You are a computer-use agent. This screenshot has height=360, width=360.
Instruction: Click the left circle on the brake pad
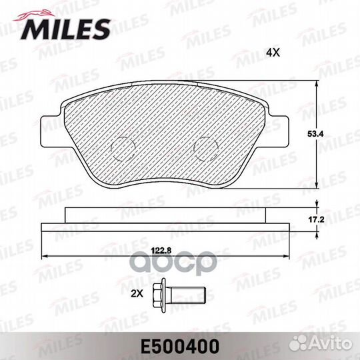121,147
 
